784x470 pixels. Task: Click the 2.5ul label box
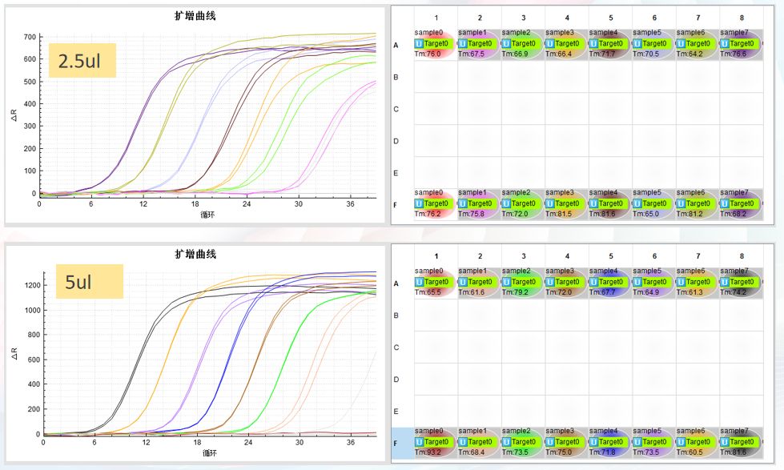coord(82,60)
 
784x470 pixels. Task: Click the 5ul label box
coord(89,281)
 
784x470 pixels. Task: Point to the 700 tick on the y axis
coord(30,37)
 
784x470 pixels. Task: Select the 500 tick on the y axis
coord(30,82)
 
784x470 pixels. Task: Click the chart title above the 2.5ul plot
coord(195,16)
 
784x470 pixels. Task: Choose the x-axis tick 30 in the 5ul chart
coord(300,442)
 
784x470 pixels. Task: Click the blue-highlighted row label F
coord(396,442)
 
